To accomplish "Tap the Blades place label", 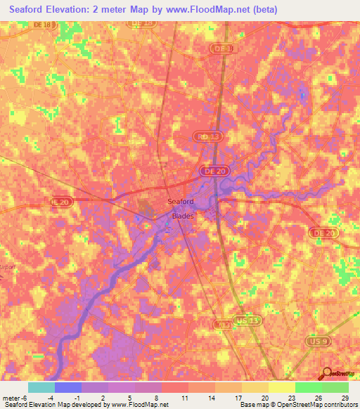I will tap(183, 216).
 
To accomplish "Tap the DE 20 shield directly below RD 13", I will tap(210, 171).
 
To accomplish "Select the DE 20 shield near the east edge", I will tap(324, 233).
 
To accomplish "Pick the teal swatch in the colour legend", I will tap(41, 387).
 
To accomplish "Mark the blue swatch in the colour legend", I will tap(68, 387).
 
